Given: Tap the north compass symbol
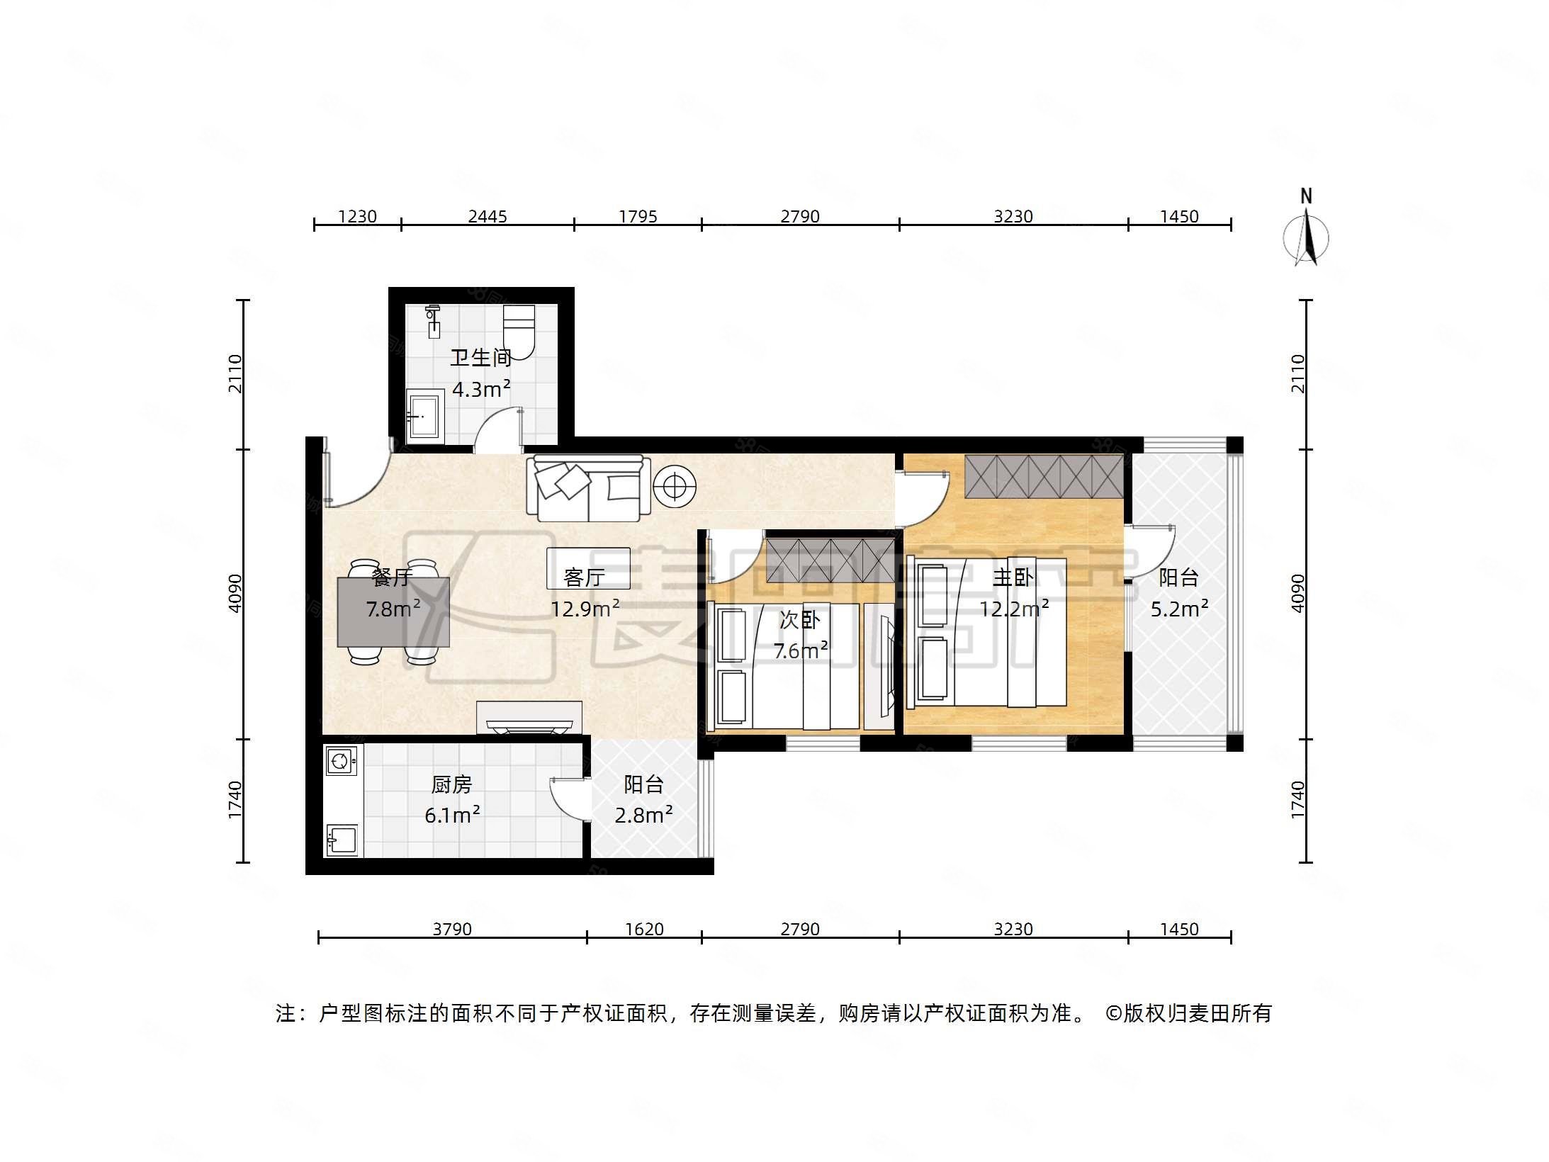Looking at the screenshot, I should pyautogui.click(x=1306, y=237).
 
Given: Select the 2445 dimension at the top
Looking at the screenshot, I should pyautogui.click(x=488, y=216).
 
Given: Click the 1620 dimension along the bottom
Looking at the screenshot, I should pyautogui.click(x=644, y=928).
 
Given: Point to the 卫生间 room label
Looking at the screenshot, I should pyautogui.click(x=481, y=358).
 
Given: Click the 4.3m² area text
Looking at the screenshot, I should pyautogui.click(x=481, y=389).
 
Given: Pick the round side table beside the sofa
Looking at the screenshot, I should pyautogui.click(x=675, y=487).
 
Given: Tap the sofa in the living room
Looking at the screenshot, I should pyautogui.click(x=587, y=487).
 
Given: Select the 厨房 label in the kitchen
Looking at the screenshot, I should pyautogui.click(x=451, y=784).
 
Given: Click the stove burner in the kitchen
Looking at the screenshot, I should pyautogui.click(x=339, y=762).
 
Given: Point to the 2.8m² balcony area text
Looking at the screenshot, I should pyautogui.click(x=643, y=816).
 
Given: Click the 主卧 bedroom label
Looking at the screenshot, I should pyautogui.click(x=1013, y=577).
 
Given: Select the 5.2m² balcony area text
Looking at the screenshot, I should pyautogui.click(x=1178, y=609).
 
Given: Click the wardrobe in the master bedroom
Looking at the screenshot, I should pyautogui.click(x=1043, y=476).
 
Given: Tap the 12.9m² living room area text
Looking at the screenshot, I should pyautogui.click(x=585, y=608).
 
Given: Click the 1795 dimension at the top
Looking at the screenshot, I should pyautogui.click(x=638, y=216).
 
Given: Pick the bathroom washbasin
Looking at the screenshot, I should pyautogui.click(x=424, y=416).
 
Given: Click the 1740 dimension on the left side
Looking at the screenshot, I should pyautogui.click(x=235, y=800).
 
